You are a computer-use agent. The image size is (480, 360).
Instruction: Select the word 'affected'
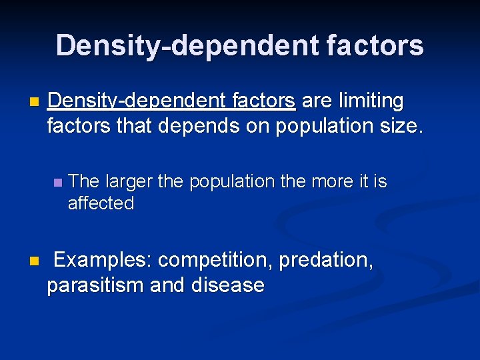(101, 203)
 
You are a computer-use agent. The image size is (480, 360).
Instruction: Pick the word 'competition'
(216, 260)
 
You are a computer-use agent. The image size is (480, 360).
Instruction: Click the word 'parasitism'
(95, 285)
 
